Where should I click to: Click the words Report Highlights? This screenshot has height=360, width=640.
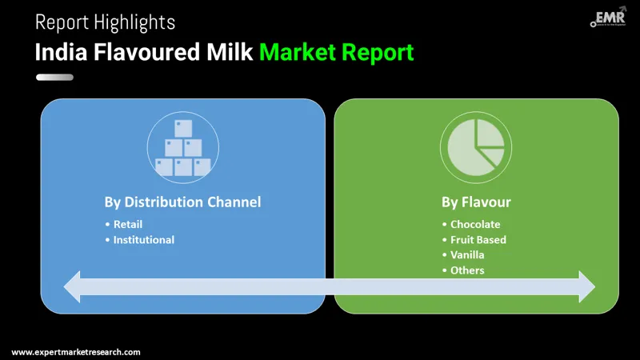(x=105, y=22)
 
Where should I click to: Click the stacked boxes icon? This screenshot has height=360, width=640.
(x=182, y=148)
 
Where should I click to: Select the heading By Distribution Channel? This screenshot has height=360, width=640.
(x=182, y=202)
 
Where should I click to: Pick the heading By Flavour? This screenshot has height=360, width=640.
(x=476, y=202)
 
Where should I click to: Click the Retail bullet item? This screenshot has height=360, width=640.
(x=128, y=224)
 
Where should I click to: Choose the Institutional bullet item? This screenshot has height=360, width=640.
(x=143, y=239)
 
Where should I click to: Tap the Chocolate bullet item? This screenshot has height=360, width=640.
(x=475, y=224)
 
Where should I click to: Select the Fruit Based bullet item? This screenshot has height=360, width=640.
(x=478, y=239)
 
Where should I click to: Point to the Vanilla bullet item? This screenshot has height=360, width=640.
(x=467, y=254)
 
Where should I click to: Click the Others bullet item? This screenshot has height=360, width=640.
(x=467, y=270)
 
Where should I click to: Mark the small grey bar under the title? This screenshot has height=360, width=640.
(x=54, y=78)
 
